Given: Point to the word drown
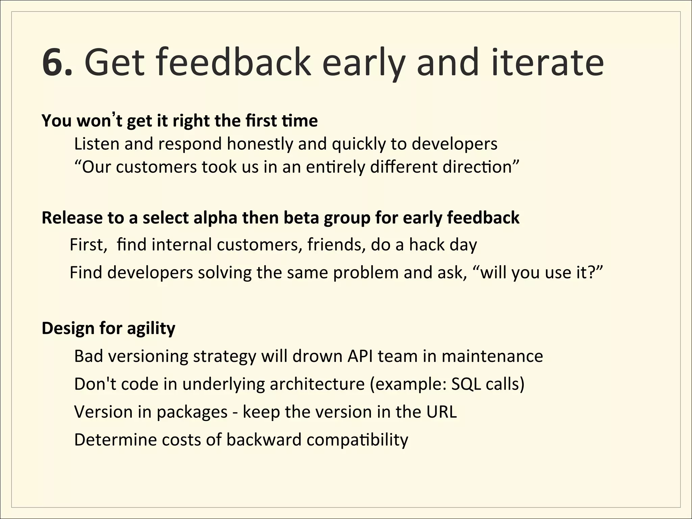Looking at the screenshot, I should click(x=317, y=356).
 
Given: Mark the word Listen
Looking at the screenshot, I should click(x=97, y=144).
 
